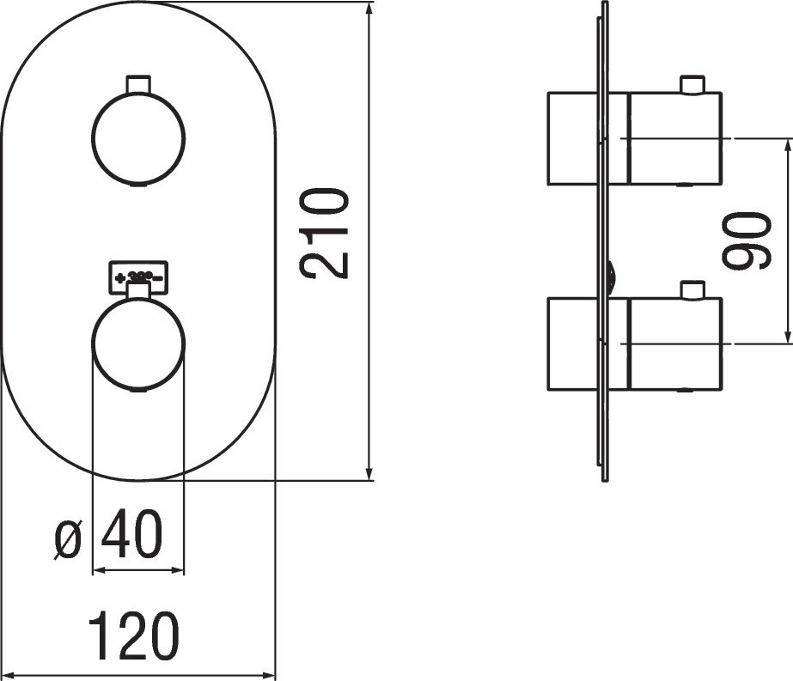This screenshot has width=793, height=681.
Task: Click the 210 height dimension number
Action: tap(326, 233)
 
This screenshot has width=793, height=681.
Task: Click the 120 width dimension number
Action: tap(135, 636)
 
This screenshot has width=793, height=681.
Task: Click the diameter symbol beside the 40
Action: tap(68, 539)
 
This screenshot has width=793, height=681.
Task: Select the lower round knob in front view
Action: tap(137, 344)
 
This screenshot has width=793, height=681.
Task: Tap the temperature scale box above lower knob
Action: tap(138, 276)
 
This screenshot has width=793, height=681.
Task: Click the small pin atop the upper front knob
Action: tap(137, 83)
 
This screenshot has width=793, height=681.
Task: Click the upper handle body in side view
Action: tap(674, 138)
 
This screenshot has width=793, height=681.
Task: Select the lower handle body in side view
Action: tap(674, 344)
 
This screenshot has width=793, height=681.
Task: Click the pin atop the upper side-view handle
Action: tap(692, 84)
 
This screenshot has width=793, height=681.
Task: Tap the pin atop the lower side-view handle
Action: tap(692, 289)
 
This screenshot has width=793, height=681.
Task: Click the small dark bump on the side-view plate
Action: tap(611, 277)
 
